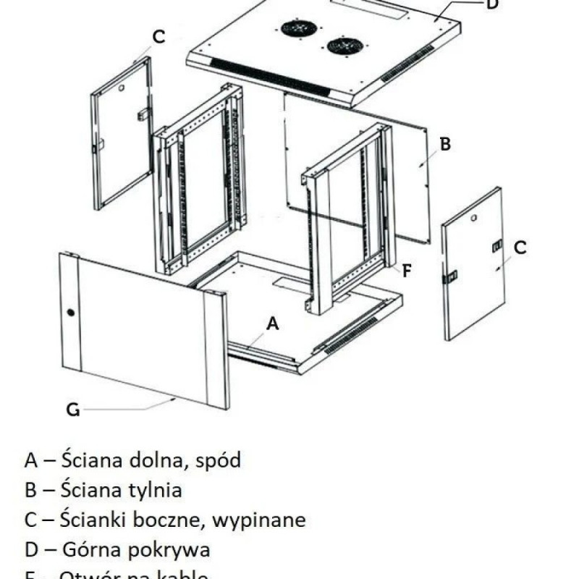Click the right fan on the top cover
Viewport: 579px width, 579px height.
point(345,46)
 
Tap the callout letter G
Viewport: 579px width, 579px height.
point(73,410)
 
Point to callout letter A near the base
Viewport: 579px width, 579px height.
point(272,324)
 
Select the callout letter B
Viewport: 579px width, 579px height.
point(445,144)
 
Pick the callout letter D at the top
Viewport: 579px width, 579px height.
point(491,4)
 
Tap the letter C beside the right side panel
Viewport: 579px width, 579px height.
point(520,247)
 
